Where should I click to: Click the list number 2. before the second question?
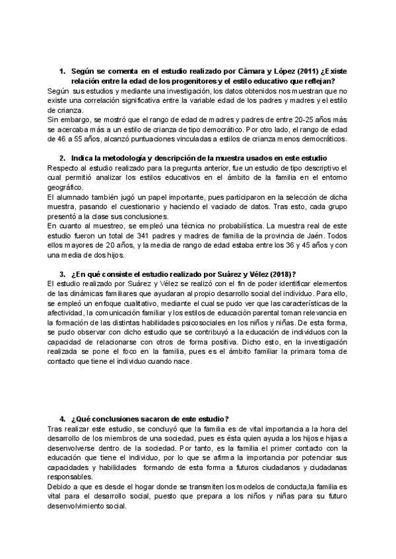tap(62, 159)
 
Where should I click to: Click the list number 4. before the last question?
tap(62, 419)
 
